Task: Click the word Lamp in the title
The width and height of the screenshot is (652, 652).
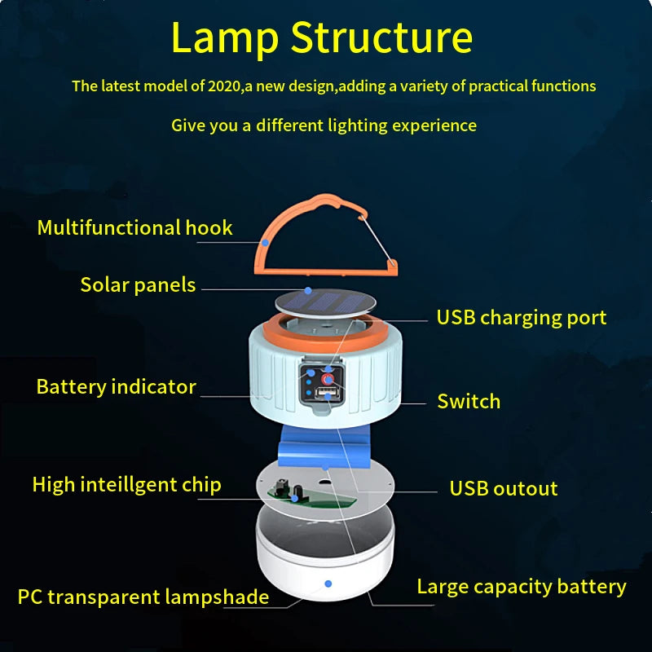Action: (x=223, y=37)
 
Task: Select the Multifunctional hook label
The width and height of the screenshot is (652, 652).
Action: (x=134, y=227)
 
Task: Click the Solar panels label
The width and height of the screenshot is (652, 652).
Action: (x=138, y=284)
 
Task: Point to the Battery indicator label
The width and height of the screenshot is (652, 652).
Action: (x=116, y=386)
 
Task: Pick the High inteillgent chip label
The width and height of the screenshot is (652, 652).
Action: (x=126, y=485)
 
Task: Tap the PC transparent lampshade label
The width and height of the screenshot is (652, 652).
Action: (x=143, y=597)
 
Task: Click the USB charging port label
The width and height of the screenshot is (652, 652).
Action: (x=521, y=317)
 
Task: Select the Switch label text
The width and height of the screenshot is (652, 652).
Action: (x=469, y=401)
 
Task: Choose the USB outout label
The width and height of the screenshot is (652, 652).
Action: (x=503, y=488)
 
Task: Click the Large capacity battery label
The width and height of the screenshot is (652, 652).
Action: (x=521, y=586)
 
